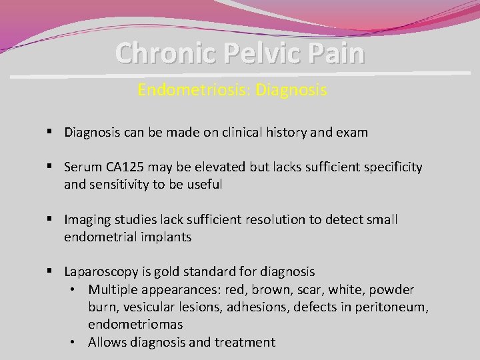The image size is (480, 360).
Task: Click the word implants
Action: pyautogui.click(x=166, y=237)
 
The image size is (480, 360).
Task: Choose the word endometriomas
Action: pyautogui.click(x=135, y=324)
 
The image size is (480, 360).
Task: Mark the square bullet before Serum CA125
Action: pyautogui.click(x=51, y=167)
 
